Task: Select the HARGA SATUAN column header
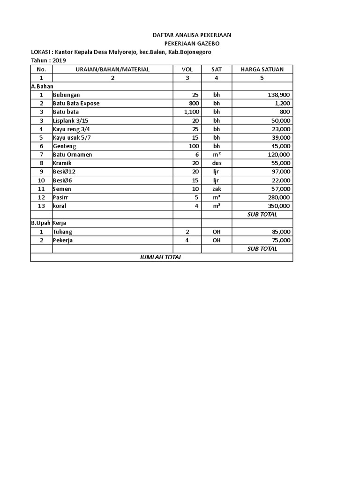pyautogui.click(x=262, y=69)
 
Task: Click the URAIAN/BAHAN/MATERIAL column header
pyautogui.click(x=112, y=69)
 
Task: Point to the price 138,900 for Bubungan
pyautogui.click(x=279, y=95)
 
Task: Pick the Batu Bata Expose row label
pyautogui.click(x=76, y=103)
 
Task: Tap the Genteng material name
pyautogui.click(x=64, y=146)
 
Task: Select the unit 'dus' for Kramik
pyautogui.click(x=216, y=163)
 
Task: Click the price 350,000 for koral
pyautogui.click(x=279, y=206)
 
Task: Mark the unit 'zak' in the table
pyautogui.click(x=216, y=188)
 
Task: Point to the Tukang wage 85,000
pyautogui.click(x=281, y=232)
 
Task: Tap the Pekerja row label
pyautogui.click(x=63, y=240)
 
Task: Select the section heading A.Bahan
pyautogui.click(x=42, y=86)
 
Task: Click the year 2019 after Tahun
pyautogui.click(x=60, y=60)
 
